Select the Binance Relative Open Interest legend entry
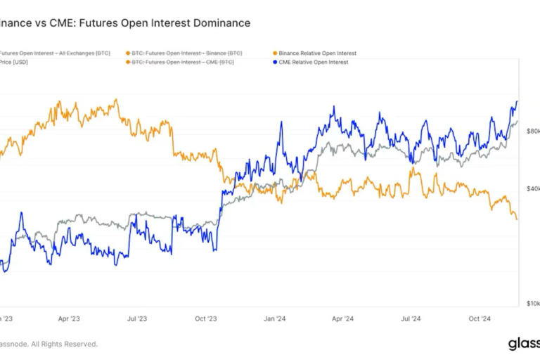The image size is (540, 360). pyautogui.click(x=318, y=53)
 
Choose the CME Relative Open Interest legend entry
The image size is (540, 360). pyautogui.click(x=314, y=62)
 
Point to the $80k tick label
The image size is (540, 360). pyautogui.click(x=533, y=131)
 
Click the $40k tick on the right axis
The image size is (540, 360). pyautogui.click(x=533, y=188)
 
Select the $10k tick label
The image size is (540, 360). pyautogui.click(x=533, y=303)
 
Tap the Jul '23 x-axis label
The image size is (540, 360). pyautogui.click(x=137, y=319)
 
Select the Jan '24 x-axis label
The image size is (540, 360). pyautogui.click(x=275, y=319)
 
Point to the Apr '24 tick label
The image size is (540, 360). pyautogui.click(x=342, y=319)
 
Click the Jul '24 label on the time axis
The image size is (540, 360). pyautogui.click(x=411, y=319)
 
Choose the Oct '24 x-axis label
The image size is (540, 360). pyautogui.click(x=480, y=319)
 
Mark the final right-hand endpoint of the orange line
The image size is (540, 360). pyautogui.click(x=517, y=219)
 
